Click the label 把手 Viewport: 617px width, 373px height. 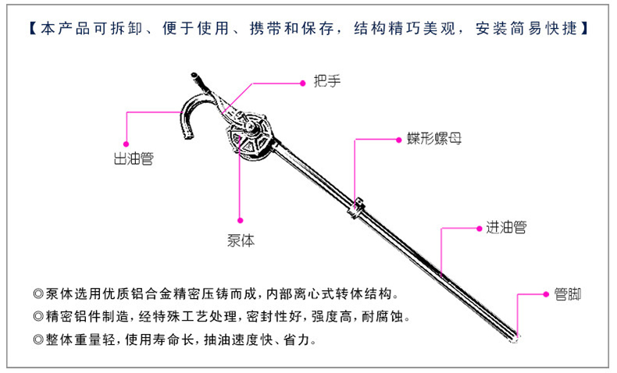point(327,81)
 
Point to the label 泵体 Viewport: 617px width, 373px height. point(241,241)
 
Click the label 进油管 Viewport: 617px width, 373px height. point(505,228)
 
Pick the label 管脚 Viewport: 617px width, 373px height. point(567,294)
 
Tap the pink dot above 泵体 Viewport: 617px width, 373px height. point(241,220)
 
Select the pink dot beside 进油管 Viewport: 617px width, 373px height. point(480,229)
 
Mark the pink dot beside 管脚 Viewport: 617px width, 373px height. point(544,294)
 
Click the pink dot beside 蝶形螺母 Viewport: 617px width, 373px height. point(403,140)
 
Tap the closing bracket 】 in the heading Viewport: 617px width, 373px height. point(585,29)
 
